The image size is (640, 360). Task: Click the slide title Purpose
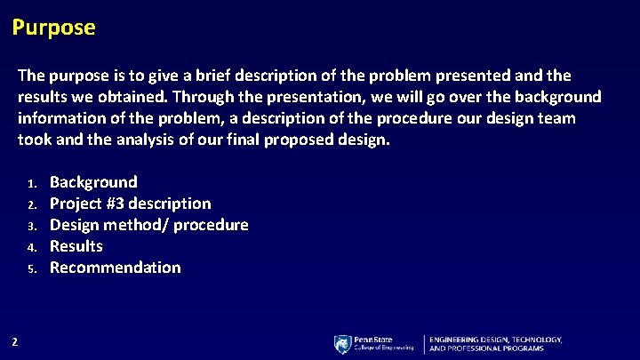coord(53,28)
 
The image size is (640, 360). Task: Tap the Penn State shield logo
coord(342,344)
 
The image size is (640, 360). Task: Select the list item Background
coord(93,182)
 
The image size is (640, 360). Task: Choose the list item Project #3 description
coord(130,204)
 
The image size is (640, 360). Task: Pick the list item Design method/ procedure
coord(148,225)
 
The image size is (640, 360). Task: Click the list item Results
coord(76,246)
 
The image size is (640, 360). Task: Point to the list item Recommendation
coord(115,268)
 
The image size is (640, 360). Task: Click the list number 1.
coord(31,184)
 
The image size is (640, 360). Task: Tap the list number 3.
coord(31,227)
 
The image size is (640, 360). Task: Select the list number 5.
coord(31,269)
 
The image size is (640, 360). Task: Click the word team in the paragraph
coord(556,118)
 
